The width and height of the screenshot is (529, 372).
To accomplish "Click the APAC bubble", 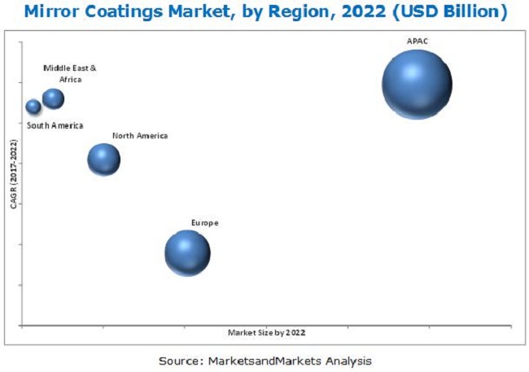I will (417, 84).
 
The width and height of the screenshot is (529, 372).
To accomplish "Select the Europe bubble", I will (187, 252).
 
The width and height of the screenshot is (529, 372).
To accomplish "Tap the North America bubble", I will (103, 160).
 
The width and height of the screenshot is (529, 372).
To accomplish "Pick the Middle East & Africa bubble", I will (53, 98).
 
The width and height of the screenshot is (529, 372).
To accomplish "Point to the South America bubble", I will (33, 107).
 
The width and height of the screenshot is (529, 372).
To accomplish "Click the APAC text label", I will (417, 40).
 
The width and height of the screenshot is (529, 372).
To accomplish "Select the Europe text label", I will (204, 222).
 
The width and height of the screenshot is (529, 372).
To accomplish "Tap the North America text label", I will (140, 136).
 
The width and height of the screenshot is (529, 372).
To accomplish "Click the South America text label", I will (55, 125).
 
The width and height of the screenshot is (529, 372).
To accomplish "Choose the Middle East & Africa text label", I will (63, 74).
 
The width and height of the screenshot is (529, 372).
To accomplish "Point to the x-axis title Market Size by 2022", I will (267, 332).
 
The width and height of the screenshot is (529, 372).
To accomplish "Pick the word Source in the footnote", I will (180, 359).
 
